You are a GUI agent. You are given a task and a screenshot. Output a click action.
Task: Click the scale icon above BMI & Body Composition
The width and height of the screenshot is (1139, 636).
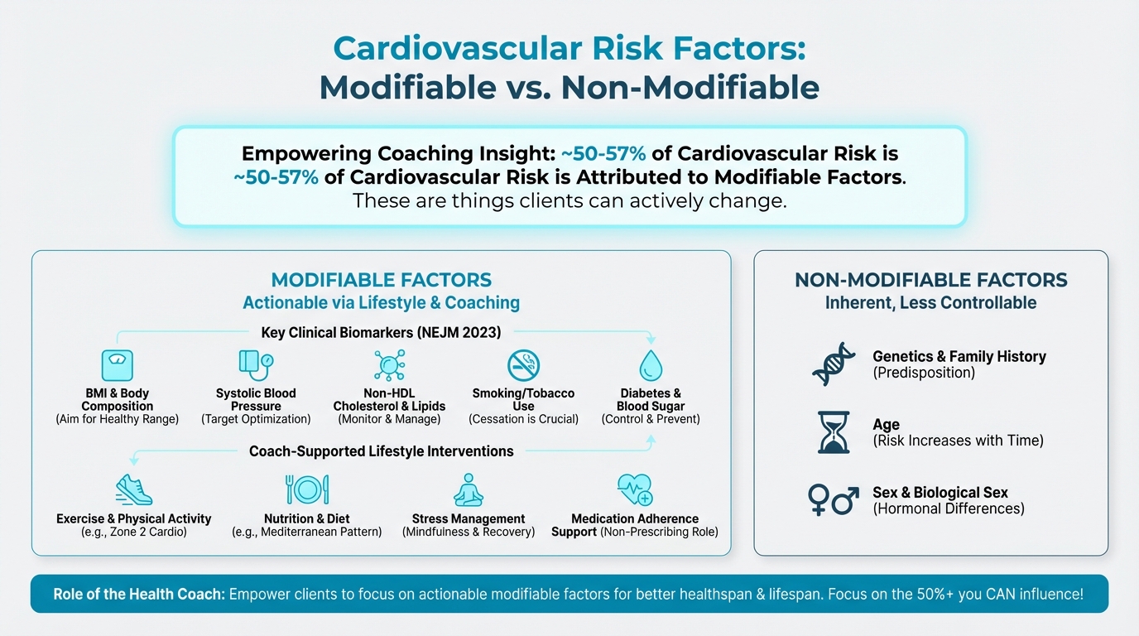[x=117, y=365]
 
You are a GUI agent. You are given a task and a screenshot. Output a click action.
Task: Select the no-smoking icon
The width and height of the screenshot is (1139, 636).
[x=523, y=364]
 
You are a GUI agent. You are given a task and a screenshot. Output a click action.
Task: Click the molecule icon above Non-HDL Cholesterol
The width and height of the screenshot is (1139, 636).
[x=389, y=365]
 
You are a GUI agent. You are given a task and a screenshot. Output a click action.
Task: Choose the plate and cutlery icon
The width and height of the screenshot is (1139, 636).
[x=307, y=489]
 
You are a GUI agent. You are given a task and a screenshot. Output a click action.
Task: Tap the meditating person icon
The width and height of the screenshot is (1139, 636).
[x=469, y=489]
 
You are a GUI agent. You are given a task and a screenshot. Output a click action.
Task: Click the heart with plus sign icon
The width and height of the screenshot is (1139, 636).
[x=635, y=489]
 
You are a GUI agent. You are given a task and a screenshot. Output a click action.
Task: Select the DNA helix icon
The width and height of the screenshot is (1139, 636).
[x=834, y=364]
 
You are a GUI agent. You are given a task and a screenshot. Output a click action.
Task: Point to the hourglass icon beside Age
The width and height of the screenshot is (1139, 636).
[x=834, y=432]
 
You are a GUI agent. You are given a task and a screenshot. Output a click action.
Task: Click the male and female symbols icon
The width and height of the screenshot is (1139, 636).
[x=834, y=500]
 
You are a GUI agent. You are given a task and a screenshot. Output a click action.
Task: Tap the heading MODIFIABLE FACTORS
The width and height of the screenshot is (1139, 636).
[x=382, y=280]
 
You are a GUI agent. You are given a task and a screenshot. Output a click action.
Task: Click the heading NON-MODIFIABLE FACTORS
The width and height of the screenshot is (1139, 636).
[x=930, y=280]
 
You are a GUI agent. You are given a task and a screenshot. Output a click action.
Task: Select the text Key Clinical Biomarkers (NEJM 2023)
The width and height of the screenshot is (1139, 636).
[x=381, y=333]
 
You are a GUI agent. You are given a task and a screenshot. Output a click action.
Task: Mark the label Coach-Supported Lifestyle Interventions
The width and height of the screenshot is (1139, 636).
[x=381, y=451]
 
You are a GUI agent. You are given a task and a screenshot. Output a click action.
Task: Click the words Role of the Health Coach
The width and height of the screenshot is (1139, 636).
[x=139, y=595]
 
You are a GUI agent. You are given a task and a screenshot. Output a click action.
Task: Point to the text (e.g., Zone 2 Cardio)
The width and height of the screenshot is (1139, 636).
[x=134, y=532]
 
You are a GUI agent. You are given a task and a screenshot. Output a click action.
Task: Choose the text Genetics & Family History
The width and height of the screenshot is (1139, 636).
[x=959, y=356]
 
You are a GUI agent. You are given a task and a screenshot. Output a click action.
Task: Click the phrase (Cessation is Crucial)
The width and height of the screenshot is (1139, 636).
[x=523, y=419]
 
